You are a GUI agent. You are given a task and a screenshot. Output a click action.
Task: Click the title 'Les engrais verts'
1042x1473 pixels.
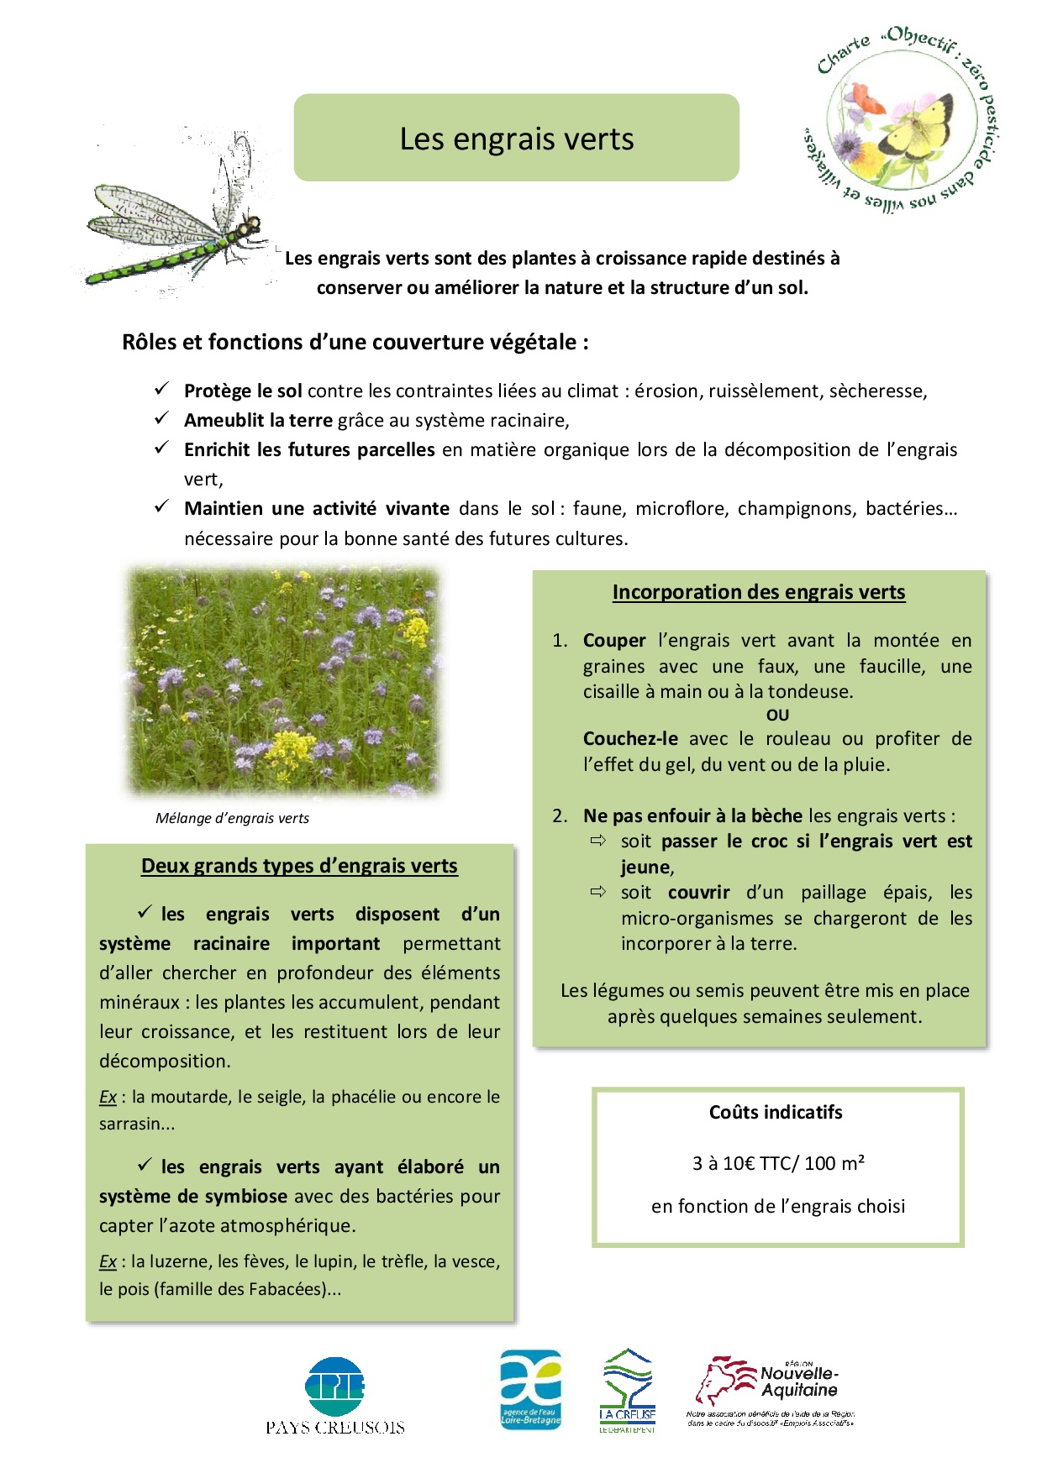coord(516,139)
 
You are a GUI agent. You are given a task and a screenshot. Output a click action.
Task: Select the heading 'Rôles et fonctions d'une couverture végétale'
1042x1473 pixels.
coord(355,343)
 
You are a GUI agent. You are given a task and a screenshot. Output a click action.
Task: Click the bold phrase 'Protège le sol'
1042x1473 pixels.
coord(243,391)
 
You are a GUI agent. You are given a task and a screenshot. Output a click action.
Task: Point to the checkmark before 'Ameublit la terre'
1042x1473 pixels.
coord(161,418)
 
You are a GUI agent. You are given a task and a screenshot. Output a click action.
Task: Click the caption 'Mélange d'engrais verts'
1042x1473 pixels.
coord(232,818)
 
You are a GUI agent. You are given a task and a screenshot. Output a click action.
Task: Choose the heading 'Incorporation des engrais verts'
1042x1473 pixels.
coord(758,592)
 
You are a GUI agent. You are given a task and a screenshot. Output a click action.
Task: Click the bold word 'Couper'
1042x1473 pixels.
coord(614,641)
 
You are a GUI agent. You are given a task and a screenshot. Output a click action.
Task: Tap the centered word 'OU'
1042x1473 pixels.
coord(777,716)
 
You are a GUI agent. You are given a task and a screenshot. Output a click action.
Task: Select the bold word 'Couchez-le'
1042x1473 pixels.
coord(630,739)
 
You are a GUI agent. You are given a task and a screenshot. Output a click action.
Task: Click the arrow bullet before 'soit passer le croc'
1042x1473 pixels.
coord(597,841)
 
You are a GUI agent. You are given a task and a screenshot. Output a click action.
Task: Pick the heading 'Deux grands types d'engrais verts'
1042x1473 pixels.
coord(299,866)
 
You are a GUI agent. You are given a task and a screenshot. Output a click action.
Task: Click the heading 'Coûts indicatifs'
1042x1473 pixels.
coord(776,1113)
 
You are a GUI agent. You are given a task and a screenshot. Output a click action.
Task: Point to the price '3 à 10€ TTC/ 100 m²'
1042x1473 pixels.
coord(778,1163)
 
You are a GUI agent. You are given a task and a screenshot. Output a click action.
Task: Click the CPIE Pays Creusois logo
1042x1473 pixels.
coord(335,1396)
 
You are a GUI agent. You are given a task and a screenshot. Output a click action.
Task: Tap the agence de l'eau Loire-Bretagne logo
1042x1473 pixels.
coord(530,1389)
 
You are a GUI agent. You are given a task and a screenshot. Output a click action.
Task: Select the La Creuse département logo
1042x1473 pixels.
coord(628,1391)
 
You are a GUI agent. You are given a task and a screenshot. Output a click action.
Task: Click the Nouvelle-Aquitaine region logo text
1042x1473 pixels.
coord(798,1381)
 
